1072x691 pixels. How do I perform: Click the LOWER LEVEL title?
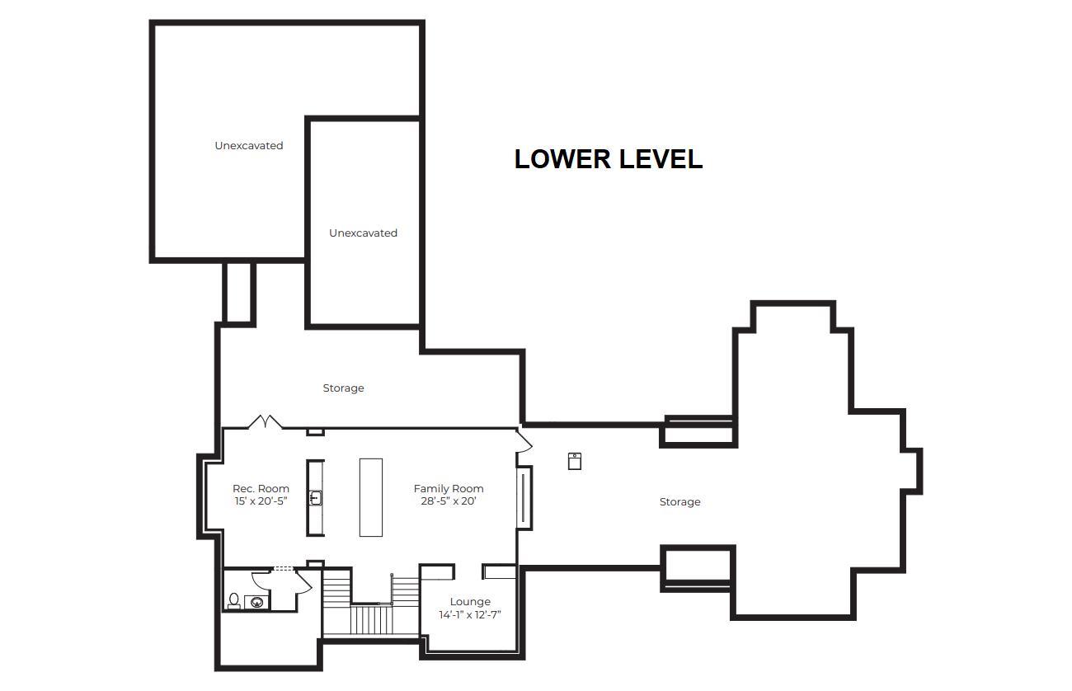(x=609, y=159)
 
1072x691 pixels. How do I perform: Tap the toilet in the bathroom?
(x=234, y=600)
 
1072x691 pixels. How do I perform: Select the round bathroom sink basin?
(x=257, y=603)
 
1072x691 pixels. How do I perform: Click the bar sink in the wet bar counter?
(x=315, y=498)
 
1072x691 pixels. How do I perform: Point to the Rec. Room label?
(x=261, y=489)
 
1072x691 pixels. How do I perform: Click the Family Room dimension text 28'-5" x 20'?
(x=449, y=501)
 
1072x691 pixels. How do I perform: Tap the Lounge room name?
(x=470, y=601)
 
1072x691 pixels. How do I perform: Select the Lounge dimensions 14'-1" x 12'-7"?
(x=470, y=614)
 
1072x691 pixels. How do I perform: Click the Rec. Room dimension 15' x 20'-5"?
(x=261, y=501)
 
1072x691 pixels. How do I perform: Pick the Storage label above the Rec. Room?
(x=343, y=388)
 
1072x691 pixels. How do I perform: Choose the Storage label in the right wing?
(x=679, y=502)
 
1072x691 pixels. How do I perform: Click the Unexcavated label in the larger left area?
(x=249, y=145)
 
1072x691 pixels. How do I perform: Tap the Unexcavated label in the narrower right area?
(x=363, y=233)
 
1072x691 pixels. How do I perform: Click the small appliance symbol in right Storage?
(x=574, y=461)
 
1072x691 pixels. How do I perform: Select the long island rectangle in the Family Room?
(x=371, y=498)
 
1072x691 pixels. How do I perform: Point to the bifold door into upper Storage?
(x=266, y=421)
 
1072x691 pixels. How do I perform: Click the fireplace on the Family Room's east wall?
(x=524, y=498)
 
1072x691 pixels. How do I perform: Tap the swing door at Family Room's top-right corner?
(x=524, y=440)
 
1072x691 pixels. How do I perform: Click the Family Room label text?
(x=449, y=489)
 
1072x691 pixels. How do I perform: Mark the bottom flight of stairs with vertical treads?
(x=371, y=620)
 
